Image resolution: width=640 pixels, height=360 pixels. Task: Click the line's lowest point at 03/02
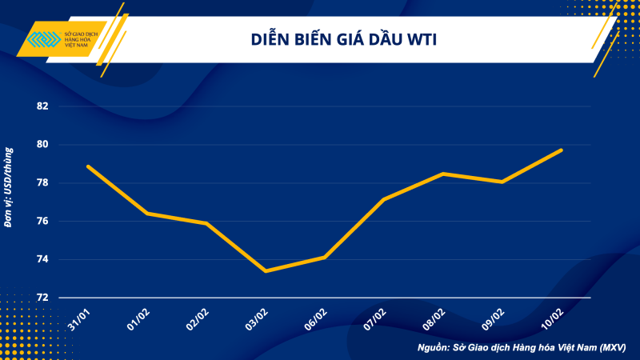click(x=266, y=271)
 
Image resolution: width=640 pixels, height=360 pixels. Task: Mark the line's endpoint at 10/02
click(x=561, y=150)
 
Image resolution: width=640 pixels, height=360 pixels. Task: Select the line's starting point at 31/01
click(x=88, y=166)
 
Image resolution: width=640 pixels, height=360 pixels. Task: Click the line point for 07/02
click(x=384, y=199)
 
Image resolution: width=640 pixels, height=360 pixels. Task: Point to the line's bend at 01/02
click(x=147, y=214)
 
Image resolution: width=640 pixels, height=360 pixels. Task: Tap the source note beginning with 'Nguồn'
click(x=521, y=348)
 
